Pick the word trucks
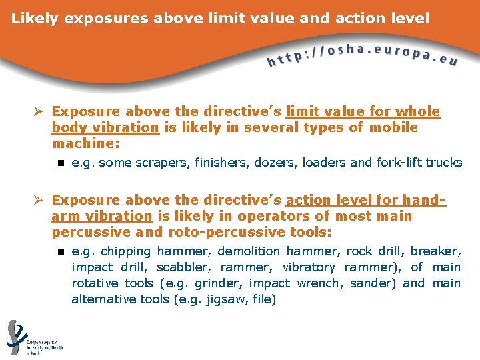coord(444,163)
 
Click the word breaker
coord(435,251)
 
